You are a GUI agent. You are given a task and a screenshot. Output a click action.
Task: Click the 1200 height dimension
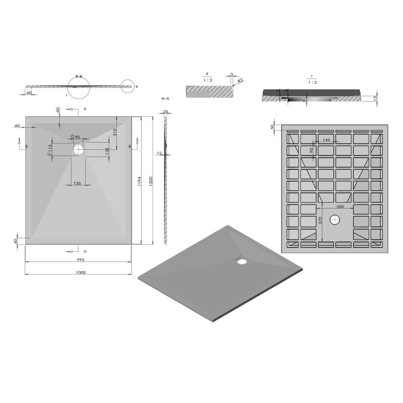[151, 180]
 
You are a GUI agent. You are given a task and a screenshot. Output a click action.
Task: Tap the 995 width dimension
[80, 260]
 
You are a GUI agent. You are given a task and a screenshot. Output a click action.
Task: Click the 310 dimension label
[115, 132]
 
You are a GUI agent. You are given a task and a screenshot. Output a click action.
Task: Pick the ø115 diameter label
[50, 150]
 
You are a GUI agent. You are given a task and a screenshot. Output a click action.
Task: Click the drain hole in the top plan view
[79, 149]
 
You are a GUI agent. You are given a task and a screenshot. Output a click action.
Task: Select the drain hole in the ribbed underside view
[335, 220]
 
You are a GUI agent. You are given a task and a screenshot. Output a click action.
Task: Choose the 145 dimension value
[326, 140]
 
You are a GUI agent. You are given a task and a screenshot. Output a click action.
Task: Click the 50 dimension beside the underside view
[273, 126]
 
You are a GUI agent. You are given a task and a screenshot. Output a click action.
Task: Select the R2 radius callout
[241, 81]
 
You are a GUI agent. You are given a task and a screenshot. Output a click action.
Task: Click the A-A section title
[165, 100]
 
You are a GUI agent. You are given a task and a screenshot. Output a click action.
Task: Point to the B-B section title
[79, 76]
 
